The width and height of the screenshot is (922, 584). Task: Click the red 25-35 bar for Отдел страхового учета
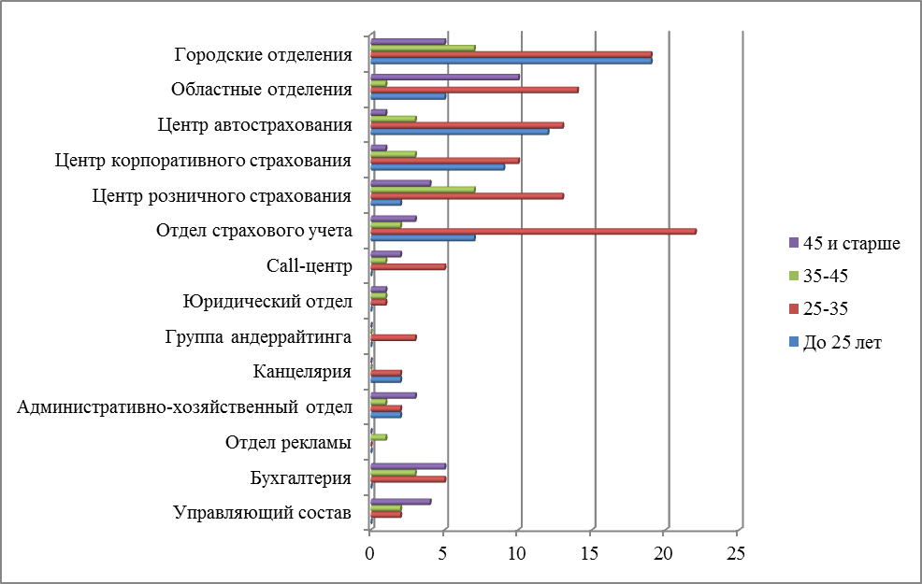(x=533, y=231)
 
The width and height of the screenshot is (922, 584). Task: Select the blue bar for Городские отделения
(x=511, y=61)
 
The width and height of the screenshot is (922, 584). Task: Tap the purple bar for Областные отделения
(x=444, y=77)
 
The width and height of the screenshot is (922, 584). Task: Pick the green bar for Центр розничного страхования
(x=423, y=189)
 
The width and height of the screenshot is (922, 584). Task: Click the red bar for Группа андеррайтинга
(x=393, y=336)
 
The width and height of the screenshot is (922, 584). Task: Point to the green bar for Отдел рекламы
(x=379, y=436)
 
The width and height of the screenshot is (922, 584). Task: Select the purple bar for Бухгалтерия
(x=408, y=465)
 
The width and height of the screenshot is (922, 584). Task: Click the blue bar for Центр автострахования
(x=459, y=131)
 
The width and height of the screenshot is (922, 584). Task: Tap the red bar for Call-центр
(x=408, y=266)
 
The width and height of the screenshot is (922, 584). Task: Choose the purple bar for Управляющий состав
(x=400, y=501)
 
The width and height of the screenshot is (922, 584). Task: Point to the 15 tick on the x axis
(x=590, y=553)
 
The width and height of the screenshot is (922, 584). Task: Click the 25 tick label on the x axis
(x=736, y=553)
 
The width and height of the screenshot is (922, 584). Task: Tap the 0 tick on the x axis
(x=370, y=553)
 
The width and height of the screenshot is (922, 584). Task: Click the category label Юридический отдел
(x=267, y=301)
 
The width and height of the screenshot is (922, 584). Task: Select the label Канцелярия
(x=302, y=372)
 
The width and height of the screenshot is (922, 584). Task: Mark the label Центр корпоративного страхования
(x=204, y=160)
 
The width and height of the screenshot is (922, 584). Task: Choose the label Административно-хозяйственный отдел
(x=185, y=407)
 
